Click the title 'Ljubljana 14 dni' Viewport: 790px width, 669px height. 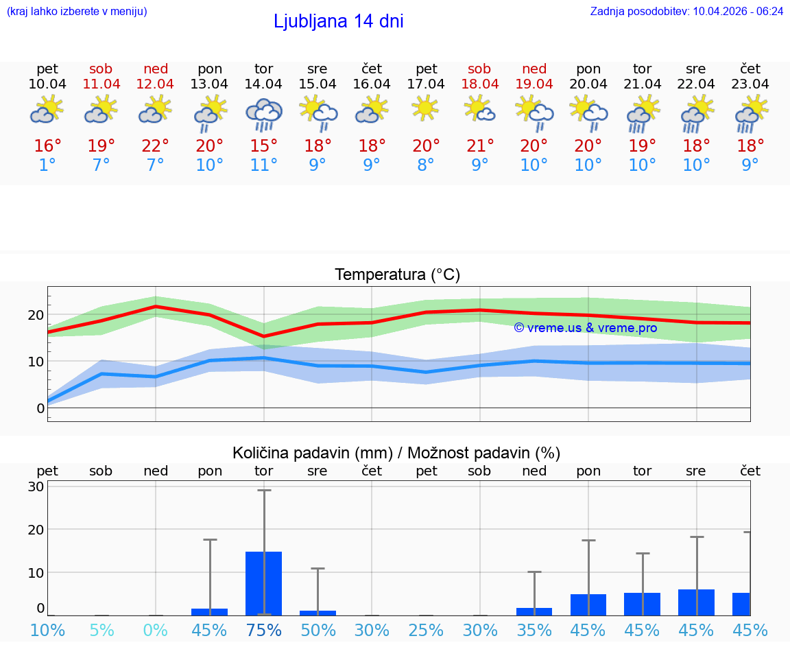[x=338, y=21]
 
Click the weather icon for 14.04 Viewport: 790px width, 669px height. [x=263, y=114]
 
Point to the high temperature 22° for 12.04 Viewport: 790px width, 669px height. [x=156, y=146]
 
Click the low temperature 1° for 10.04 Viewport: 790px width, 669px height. [x=47, y=165]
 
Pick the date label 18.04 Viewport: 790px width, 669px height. [x=480, y=84]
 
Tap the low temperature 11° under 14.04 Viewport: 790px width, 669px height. [x=263, y=165]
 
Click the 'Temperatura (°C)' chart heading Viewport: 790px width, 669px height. [x=397, y=275]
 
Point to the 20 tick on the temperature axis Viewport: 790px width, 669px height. [x=36, y=315]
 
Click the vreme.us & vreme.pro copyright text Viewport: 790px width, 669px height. [x=585, y=328]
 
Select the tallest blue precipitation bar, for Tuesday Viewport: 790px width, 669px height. [x=264, y=583]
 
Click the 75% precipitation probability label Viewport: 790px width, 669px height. [x=264, y=630]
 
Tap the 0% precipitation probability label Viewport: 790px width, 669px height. [x=156, y=630]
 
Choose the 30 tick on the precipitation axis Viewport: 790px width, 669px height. [x=36, y=486]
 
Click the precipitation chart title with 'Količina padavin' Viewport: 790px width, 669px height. [x=396, y=453]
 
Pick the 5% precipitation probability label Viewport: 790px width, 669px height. [x=101, y=630]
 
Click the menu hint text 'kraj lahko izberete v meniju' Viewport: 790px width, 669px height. [x=77, y=11]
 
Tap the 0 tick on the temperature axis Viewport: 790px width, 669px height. [x=40, y=408]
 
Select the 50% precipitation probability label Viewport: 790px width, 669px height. [x=318, y=630]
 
